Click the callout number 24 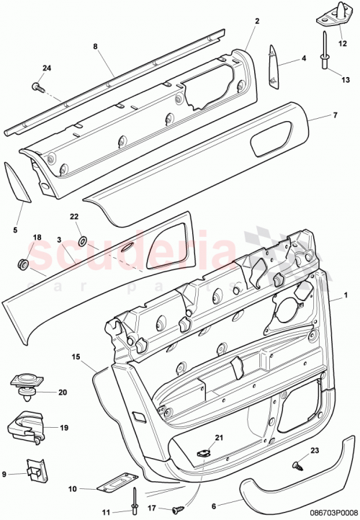(x=48, y=69)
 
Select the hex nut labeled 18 (x=23, y=264)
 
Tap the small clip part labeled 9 (x=33, y=470)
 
